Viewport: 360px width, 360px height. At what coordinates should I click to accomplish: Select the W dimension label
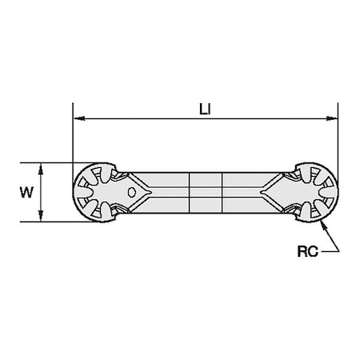pos(27,192)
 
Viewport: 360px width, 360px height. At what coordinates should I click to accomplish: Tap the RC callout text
pos(306,251)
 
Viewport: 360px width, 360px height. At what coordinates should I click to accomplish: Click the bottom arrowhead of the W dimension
pos(40,218)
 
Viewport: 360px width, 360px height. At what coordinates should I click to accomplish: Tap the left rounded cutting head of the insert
pos(96,192)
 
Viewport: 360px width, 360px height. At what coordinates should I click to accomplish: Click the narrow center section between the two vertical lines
pos(202,193)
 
